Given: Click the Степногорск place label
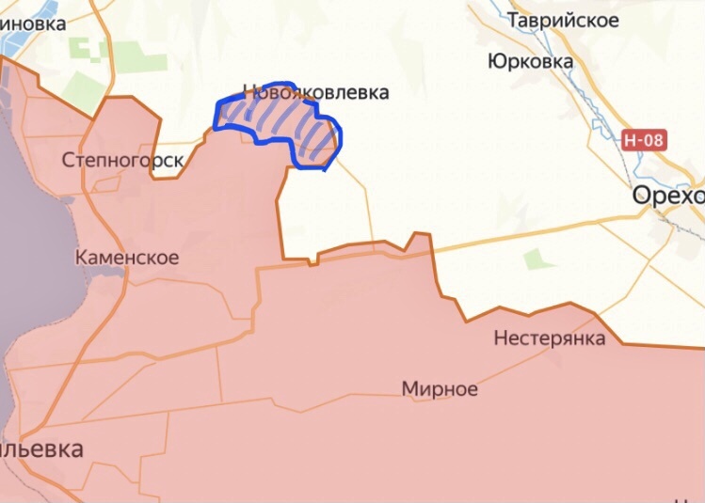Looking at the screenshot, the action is pos(122,161).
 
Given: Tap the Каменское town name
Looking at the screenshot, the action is pos(127,258).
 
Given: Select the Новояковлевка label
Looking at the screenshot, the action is pos(315,93).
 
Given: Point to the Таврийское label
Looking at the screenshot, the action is pos(576,20).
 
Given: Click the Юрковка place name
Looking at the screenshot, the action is pos(531,62).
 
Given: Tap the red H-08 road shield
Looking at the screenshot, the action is pos(644,140).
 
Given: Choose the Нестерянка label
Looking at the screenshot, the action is pos(550,338).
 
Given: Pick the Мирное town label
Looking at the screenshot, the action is pos(440,389).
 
